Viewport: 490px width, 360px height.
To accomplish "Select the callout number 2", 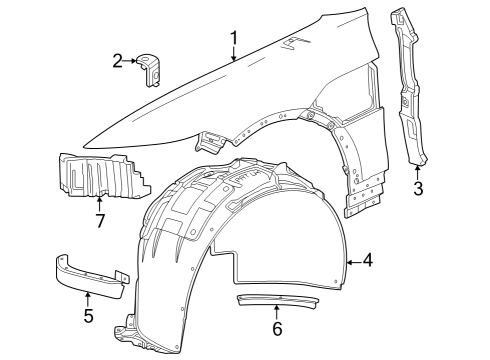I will [118, 62].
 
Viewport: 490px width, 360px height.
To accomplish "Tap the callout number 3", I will [418, 187].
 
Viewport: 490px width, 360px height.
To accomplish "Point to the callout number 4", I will [369, 261].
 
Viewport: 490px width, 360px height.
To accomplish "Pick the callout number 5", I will [88, 317].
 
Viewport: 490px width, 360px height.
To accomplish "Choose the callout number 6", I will [277, 327].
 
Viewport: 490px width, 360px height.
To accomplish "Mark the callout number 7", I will [100, 219].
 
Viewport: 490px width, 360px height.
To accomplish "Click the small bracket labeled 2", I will [152, 65].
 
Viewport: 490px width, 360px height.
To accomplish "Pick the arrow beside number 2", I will [133, 62].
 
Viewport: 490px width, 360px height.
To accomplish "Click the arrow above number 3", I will [418, 170].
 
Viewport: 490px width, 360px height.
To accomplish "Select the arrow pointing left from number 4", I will [352, 262].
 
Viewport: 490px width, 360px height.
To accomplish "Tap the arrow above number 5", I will [88, 298].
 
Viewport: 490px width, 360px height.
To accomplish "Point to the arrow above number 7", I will [100, 202].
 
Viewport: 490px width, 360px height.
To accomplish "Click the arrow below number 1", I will [233, 56].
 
